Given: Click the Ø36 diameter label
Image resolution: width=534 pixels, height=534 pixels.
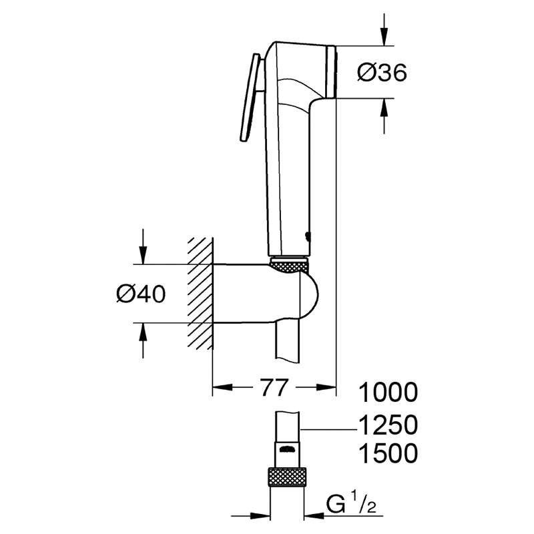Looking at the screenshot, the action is [x=382, y=73].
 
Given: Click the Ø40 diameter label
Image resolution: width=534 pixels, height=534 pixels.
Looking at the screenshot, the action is [x=141, y=294].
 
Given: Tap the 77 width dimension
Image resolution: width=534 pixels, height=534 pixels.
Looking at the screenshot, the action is [x=274, y=387].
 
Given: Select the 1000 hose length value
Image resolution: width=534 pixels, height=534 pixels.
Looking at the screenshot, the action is [x=388, y=392].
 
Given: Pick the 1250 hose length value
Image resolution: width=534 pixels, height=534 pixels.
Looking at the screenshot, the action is [x=388, y=425].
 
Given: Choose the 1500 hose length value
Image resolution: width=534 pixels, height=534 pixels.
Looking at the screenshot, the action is [x=388, y=453].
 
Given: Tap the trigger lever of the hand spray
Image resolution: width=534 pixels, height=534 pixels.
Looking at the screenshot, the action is [x=250, y=97].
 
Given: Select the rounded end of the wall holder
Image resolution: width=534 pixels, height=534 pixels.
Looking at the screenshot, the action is [x=309, y=294].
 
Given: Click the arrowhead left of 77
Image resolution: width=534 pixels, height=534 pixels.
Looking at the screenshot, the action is [x=223, y=387].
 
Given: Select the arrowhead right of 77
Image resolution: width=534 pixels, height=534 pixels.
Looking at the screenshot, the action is [x=326, y=387].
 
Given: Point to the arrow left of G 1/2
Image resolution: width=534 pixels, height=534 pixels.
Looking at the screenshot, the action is [x=250, y=516].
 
